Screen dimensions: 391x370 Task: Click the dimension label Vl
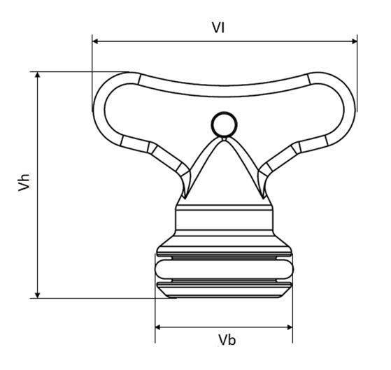(x=218, y=27)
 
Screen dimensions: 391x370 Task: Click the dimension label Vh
(x=24, y=183)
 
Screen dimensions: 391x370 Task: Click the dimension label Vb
(x=227, y=340)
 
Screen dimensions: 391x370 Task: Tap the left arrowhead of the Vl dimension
(x=95, y=41)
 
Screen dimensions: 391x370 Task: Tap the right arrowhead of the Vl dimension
(x=355, y=41)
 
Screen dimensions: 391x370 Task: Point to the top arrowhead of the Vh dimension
(x=38, y=75)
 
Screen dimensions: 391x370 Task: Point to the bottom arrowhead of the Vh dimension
(x=38, y=295)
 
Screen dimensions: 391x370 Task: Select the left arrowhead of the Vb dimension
(x=158, y=327)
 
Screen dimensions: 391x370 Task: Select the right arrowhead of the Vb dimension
(x=290, y=327)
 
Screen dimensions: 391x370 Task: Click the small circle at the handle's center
(x=224, y=124)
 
